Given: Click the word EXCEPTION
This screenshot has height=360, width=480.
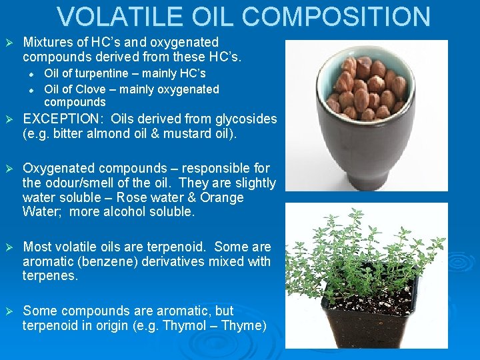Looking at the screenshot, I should [64, 119].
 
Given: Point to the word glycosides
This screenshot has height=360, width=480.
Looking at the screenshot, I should [243, 119].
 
